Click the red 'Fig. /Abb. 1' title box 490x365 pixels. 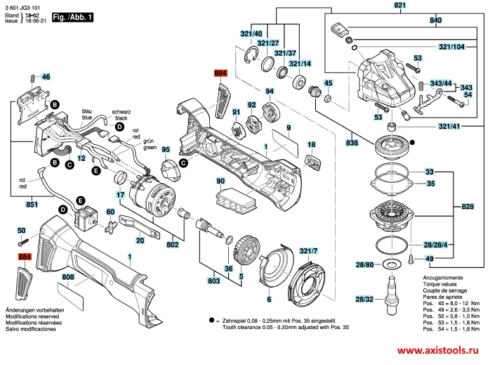click(x=74, y=15)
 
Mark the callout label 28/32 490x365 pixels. click(x=365, y=300)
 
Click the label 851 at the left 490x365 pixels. click(x=32, y=205)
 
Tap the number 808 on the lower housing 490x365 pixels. click(x=68, y=277)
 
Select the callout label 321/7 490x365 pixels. click(x=309, y=251)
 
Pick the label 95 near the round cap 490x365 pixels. click(x=166, y=150)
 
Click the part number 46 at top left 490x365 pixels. click(x=46, y=77)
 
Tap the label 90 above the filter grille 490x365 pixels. click(x=220, y=181)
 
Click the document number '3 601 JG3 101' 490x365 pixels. click(x=24, y=6)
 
